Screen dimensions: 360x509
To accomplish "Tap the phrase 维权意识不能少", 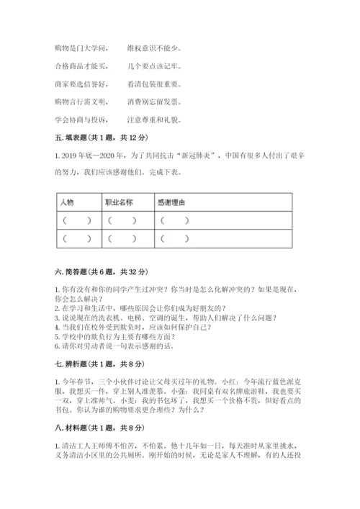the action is pyautogui.click(x=155, y=49).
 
